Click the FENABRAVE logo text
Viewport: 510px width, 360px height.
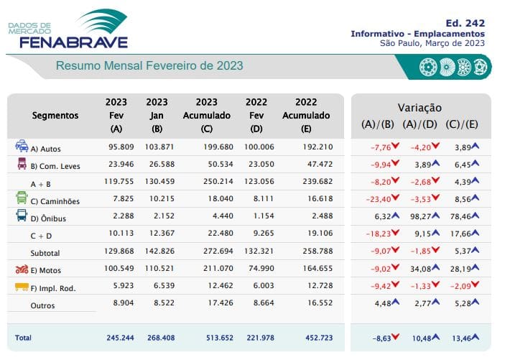(73, 42)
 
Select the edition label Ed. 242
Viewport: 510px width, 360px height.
(465, 22)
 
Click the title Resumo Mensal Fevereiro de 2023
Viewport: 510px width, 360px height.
(149, 66)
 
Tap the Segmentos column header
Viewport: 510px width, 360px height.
(55, 116)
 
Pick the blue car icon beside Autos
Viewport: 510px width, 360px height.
(22, 147)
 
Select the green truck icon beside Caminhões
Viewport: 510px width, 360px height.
(22, 199)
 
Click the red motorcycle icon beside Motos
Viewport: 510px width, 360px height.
(22, 269)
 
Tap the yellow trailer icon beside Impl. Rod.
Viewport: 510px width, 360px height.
(22, 287)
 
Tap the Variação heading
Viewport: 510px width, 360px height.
(419, 108)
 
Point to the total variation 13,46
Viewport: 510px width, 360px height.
(463, 338)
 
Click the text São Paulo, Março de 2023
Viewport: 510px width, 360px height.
(432, 43)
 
